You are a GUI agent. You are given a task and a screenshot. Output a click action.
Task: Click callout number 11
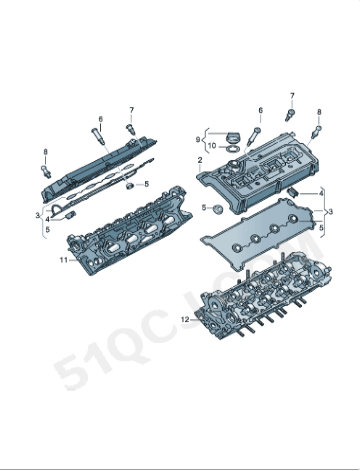click(62, 260)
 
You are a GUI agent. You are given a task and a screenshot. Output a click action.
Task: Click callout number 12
click(184, 319)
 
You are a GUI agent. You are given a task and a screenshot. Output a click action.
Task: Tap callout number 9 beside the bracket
click(198, 139)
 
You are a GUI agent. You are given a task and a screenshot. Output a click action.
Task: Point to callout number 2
click(200, 160)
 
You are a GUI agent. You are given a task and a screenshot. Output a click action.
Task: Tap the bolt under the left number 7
click(131, 129)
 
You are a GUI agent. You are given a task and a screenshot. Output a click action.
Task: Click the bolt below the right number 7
click(292, 114)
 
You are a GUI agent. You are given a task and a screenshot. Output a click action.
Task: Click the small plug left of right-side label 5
click(213, 208)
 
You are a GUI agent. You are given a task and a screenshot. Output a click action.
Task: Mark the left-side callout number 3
click(37, 215)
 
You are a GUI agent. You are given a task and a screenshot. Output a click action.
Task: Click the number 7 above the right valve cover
click(293, 95)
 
